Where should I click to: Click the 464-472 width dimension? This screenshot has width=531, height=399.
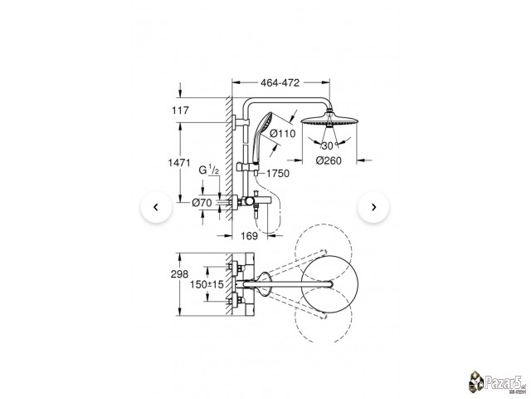280,83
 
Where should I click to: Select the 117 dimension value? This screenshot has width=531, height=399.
180,111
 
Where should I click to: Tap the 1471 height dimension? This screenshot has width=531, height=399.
179,163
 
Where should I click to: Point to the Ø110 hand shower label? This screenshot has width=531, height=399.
282,134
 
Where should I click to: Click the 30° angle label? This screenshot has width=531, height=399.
329,146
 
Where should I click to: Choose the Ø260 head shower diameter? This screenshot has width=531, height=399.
329,160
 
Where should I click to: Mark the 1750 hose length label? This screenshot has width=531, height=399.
278,174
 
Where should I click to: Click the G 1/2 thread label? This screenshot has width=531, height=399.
208,170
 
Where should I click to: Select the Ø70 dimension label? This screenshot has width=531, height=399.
202,203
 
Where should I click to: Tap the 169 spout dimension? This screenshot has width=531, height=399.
249,236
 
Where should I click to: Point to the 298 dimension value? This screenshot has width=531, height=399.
179,274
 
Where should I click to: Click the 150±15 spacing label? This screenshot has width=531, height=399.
207,284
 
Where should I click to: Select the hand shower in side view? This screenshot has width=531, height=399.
261,139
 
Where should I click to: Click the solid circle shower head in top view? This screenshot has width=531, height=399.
329,284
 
